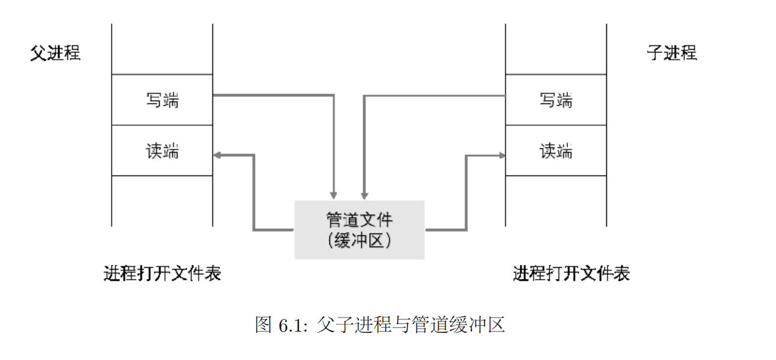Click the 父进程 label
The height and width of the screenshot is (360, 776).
55,53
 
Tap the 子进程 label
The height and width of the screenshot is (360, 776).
671,53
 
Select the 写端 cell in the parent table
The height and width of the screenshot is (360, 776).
162,100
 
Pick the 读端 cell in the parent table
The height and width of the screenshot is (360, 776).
162,151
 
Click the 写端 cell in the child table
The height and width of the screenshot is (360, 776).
556,100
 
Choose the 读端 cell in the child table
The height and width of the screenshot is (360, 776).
556,151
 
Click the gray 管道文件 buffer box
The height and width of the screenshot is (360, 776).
359,229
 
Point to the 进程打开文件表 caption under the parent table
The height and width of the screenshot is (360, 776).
162,273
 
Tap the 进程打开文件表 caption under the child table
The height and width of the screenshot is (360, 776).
571,273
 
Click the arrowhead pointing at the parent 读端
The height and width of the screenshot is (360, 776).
217,155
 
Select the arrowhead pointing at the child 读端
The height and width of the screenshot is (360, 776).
502,155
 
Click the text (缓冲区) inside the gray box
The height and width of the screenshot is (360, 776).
359,240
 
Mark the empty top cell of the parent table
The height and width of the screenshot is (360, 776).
162,50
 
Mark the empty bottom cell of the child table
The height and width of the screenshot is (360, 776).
556,201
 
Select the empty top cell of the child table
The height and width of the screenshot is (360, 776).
556,50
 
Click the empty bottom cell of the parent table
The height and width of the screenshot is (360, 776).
162,201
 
